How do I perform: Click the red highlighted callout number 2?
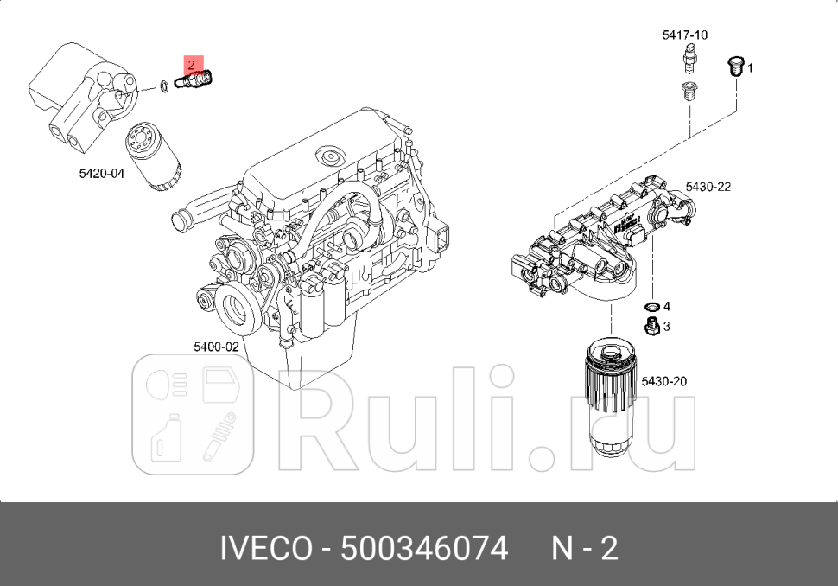(x=191, y=65)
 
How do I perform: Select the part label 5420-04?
(x=101, y=174)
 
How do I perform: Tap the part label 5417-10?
(x=684, y=35)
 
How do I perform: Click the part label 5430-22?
(x=708, y=187)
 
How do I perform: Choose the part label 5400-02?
(x=215, y=347)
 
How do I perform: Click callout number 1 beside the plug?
(x=750, y=67)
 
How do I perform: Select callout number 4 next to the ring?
(x=666, y=306)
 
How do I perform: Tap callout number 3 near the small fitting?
(x=666, y=327)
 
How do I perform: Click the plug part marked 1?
(x=736, y=67)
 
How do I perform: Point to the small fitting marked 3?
(x=652, y=325)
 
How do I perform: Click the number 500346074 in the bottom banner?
(x=424, y=549)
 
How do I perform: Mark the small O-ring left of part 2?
(x=163, y=86)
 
